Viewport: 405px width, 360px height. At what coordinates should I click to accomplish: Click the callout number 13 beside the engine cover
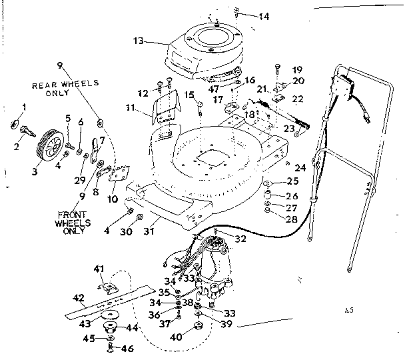click(138, 41)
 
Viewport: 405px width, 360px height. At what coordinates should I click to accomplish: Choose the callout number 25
click(294, 181)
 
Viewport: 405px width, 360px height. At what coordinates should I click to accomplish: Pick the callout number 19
click(297, 69)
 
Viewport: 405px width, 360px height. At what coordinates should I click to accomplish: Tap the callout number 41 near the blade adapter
click(99, 268)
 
